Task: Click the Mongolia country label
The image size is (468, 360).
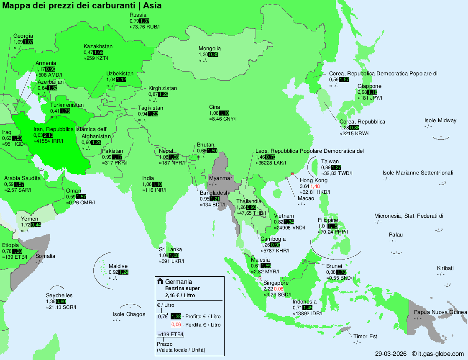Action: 210,49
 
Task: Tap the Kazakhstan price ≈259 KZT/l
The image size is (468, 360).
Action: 96,59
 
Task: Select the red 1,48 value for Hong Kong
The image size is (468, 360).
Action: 315,186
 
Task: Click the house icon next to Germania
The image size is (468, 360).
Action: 160,282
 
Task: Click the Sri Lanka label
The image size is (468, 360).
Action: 170,249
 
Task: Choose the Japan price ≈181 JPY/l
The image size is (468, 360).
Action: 370,98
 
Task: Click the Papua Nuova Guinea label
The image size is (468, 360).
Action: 440,312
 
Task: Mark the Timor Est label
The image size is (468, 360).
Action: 365,337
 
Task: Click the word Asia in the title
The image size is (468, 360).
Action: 152,6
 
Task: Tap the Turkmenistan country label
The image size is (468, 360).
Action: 67,105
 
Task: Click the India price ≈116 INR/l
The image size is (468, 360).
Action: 154,190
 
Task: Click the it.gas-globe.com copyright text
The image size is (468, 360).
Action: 437,353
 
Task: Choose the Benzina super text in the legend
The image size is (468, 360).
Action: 182,288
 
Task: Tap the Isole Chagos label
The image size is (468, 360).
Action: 129,314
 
